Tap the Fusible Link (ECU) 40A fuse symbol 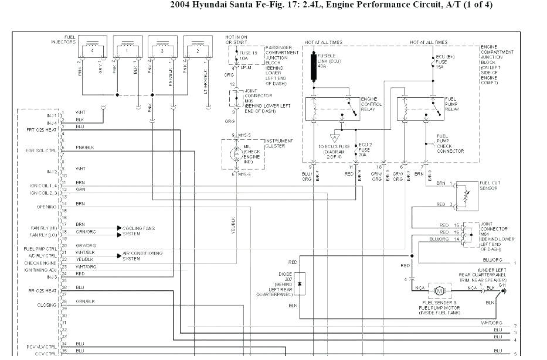click(x=314, y=66)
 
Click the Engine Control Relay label click(x=371, y=104)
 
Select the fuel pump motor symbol click(x=439, y=290)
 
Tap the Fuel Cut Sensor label click(x=489, y=186)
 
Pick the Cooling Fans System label click(x=138, y=231)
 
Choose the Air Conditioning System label click(x=142, y=256)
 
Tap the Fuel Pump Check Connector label click(x=450, y=143)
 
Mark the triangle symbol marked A click(x=334, y=138)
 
